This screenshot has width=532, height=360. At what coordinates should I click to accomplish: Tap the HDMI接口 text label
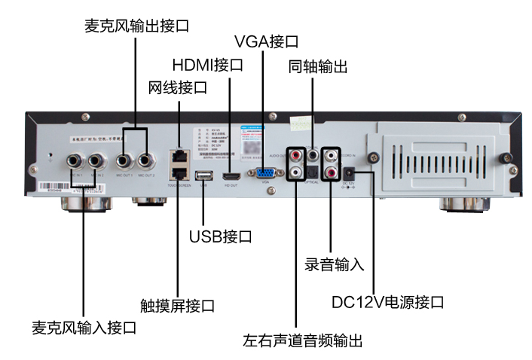tap(208, 64)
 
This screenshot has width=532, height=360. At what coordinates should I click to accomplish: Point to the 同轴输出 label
tap(318, 67)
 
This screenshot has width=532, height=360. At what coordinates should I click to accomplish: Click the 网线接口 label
tap(178, 87)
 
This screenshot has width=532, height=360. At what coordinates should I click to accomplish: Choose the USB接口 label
tap(220, 237)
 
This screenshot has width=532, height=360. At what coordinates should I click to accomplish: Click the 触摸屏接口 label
tap(178, 306)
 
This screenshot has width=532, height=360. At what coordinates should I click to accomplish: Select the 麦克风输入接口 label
tap(84, 328)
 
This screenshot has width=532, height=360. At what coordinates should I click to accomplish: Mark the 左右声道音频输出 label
tap(303, 340)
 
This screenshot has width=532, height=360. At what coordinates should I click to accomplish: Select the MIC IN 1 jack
tap(76, 160)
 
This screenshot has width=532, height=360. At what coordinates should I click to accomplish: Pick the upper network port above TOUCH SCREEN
tap(179, 153)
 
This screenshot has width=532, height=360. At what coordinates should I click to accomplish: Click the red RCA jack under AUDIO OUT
tap(295, 157)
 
